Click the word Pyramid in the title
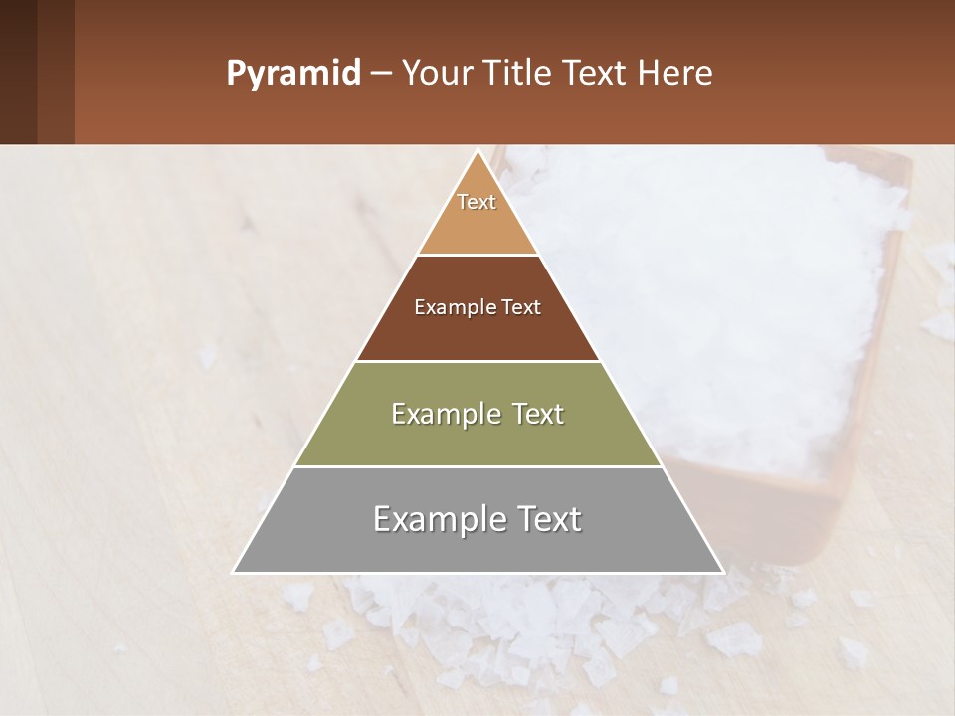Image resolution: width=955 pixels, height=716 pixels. pyautogui.click(x=293, y=74)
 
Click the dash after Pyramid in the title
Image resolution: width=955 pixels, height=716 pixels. pyautogui.click(x=380, y=74)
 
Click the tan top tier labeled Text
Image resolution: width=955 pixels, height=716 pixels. pyautogui.click(x=477, y=214)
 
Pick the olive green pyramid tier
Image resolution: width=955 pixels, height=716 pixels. pyautogui.click(x=477, y=438)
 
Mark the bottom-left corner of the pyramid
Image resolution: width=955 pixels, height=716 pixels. pyautogui.click(x=235, y=572)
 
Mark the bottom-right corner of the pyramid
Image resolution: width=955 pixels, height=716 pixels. pyautogui.click(x=722, y=572)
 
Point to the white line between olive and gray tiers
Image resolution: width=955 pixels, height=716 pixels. pyautogui.click(x=477, y=466)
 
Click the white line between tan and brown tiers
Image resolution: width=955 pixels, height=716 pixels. pyautogui.click(x=477, y=255)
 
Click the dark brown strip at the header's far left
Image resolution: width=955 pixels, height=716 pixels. pyautogui.click(x=18, y=72)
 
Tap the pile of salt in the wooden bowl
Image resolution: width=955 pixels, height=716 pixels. pyautogui.click(x=716, y=298)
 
